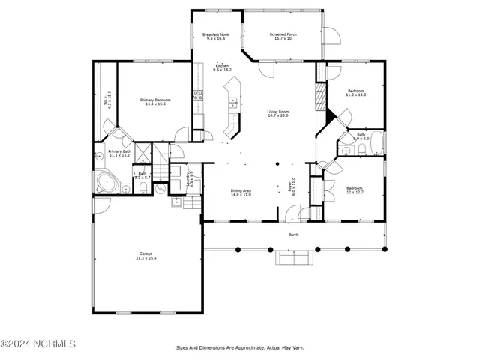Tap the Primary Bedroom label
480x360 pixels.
157,101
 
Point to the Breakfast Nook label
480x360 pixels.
216,36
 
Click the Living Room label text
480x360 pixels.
278,114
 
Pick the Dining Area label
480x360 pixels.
241,192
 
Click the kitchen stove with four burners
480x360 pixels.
199,94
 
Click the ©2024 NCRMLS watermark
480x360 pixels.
38,345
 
